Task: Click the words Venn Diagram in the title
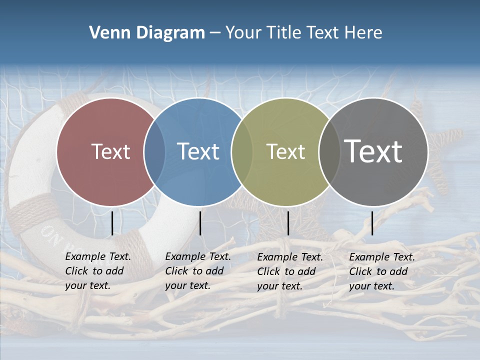click(146, 33)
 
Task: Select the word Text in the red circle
click(110, 151)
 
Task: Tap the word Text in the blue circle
click(198, 151)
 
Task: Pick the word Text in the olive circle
click(285, 151)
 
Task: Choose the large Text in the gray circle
click(373, 151)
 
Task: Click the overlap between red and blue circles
click(154, 152)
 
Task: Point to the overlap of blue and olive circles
click(242, 152)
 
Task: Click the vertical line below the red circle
click(112, 223)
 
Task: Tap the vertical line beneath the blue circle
click(200, 223)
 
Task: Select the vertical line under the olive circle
click(288, 223)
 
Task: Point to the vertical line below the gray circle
click(372, 223)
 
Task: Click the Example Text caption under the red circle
click(98, 271)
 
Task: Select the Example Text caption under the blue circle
click(198, 271)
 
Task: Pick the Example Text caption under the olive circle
click(290, 271)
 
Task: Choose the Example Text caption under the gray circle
click(382, 271)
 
